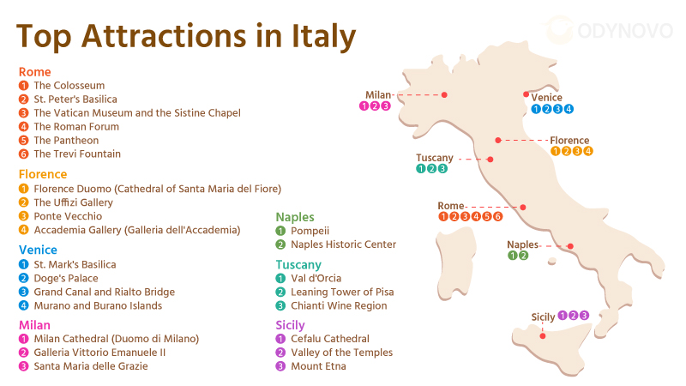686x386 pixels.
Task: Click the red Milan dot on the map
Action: pos(444,94)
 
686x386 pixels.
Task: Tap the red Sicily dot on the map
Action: pos(542,335)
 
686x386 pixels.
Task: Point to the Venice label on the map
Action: pos(546,98)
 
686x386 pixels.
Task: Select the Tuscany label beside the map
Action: pos(434,158)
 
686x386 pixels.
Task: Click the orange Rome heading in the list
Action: pos(35,72)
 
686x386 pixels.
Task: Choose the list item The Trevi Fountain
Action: pos(77,154)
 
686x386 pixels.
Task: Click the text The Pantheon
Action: pos(66,141)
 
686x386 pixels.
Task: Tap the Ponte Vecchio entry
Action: pos(68,216)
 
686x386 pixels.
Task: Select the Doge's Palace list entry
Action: pos(66,279)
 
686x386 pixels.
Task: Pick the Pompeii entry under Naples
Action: pos(310,231)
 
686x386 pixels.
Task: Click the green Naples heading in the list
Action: pos(295,217)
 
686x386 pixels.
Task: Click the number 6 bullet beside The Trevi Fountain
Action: pos(24,154)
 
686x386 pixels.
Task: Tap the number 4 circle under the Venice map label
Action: pos(569,109)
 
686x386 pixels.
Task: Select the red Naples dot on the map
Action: pos(570,246)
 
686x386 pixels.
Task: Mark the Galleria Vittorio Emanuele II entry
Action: pos(99,353)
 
